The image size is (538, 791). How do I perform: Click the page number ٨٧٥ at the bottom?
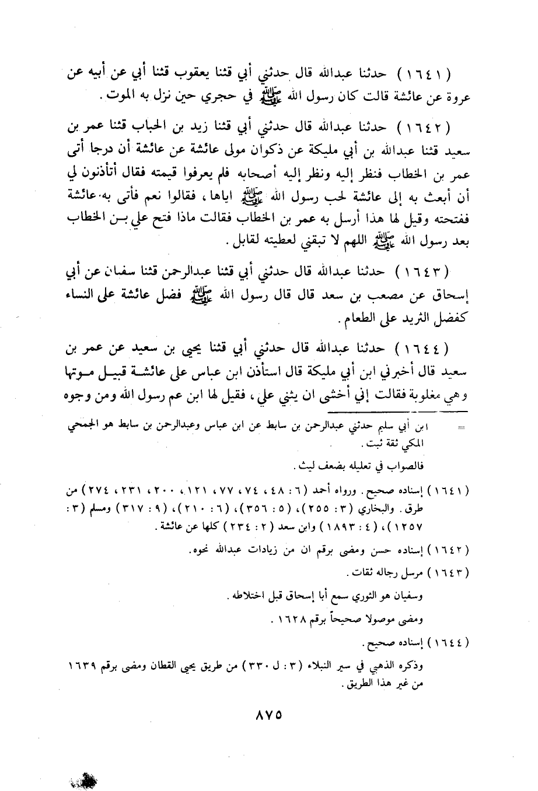(x=268, y=714)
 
